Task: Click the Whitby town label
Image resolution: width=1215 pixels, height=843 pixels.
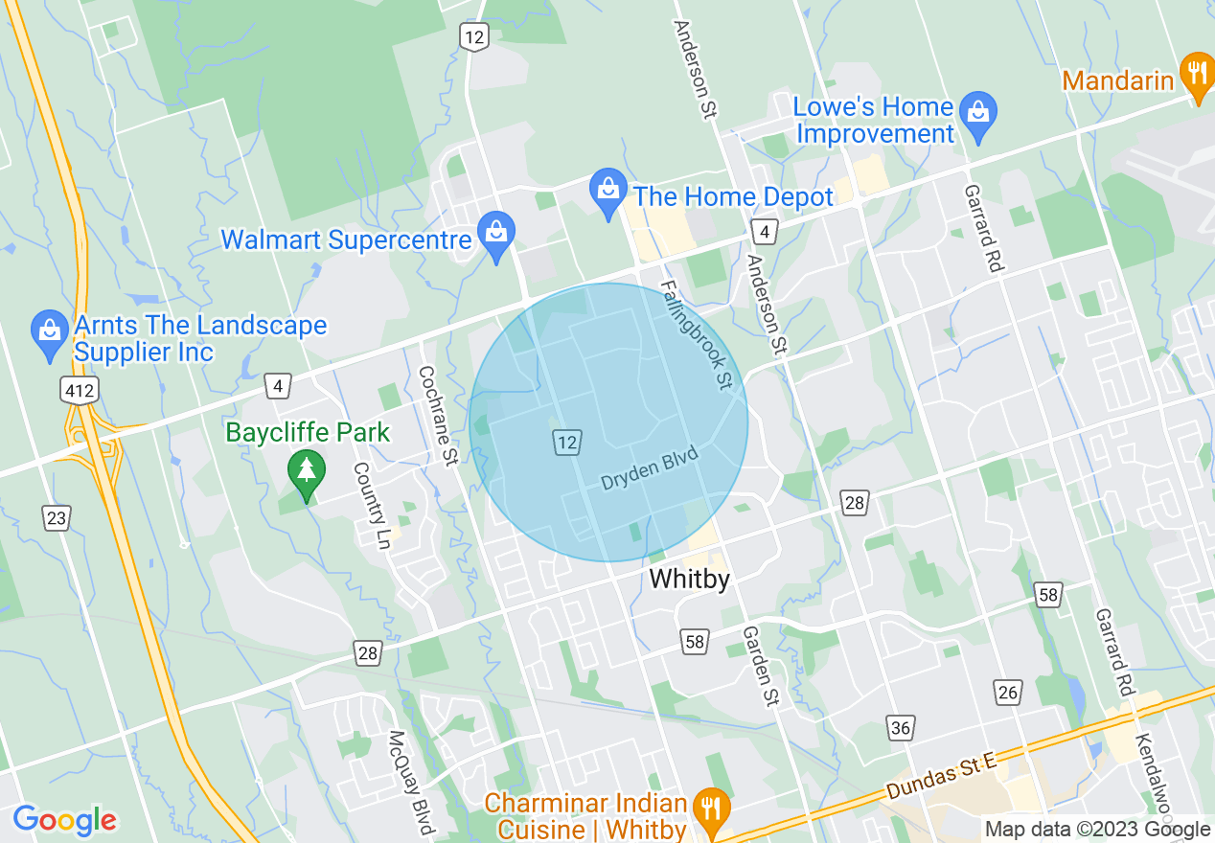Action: click(x=689, y=579)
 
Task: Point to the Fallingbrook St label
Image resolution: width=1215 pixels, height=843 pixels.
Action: click(x=695, y=335)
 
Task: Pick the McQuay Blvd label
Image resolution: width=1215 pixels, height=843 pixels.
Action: click(x=411, y=781)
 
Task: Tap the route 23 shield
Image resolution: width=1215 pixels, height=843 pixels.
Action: click(x=57, y=518)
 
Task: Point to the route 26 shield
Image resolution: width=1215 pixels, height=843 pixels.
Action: click(x=1007, y=692)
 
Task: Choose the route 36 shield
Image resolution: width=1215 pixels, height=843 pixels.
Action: click(x=900, y=728)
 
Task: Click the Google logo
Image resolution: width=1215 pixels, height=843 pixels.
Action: click(x=65, y=819)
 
